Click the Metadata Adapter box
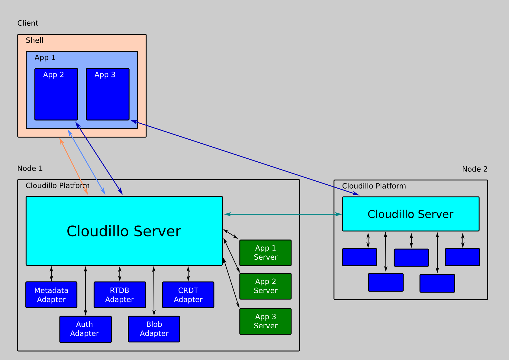(51, 295)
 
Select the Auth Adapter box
(85, 329)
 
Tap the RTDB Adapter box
(120, 295)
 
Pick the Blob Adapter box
(154, 329)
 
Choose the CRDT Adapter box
(188, 295)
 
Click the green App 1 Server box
(265, 253)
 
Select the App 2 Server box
(265, 286)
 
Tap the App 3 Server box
(265, 321)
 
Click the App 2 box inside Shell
(56, 94)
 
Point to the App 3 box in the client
(108, 94)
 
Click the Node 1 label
(30, 168)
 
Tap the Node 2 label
(475, 169)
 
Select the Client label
(28, 23)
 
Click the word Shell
(34, 40)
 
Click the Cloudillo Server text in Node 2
(410, 214)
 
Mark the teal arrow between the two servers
(283, 214)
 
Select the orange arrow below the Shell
(74, 166)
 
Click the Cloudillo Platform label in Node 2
(374, 186)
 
